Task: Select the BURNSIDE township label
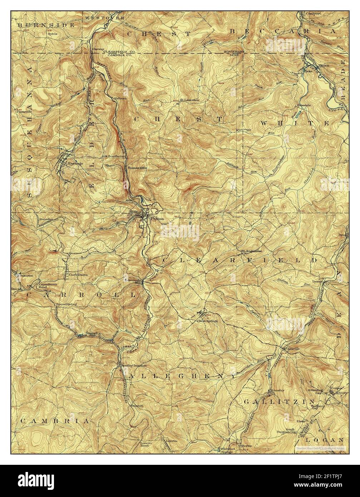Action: pyautogui.click(x=46, y=25)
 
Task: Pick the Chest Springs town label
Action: pyautogui.click(x=207, y=321)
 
